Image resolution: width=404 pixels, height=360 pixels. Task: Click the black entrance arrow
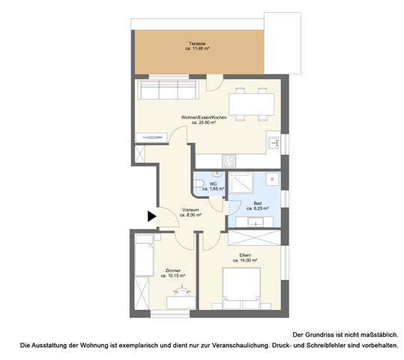pyautogui.click(x=151, y=217)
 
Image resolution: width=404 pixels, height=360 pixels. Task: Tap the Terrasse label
pyautogui.click(x=197, y=44)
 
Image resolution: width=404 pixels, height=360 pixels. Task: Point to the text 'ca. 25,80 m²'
pyautogui.click(x=204, y=123)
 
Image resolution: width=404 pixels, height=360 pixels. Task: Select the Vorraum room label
pyautogui.click(x=192, y=209)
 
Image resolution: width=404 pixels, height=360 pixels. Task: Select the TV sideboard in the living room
pyautogui.click(x=152, y=138)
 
